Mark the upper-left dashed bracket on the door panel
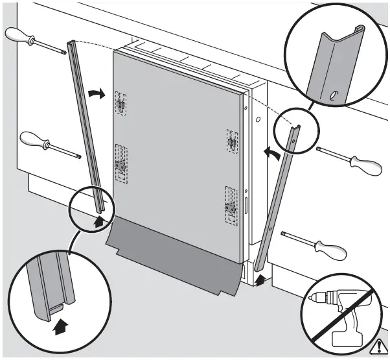point(120,102)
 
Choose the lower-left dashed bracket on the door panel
point(120,162)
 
